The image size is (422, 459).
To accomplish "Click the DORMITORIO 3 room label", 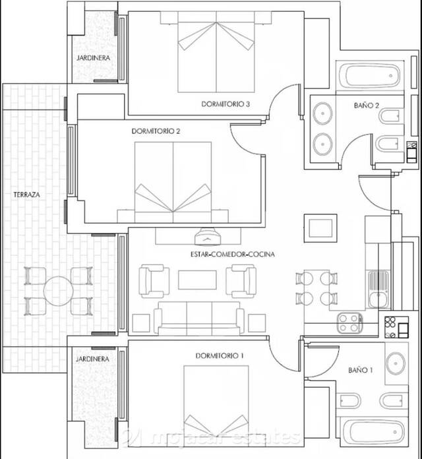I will [226, 104].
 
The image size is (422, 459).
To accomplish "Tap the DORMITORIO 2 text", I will [156, 131].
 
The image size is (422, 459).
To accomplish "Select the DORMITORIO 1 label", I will [220, 355].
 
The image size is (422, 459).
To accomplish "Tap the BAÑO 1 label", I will [360, 371].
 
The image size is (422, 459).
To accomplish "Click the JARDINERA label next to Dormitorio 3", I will [93, 58].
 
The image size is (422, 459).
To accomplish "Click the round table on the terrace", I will [58, 290].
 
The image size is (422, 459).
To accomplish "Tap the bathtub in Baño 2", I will [369, 76].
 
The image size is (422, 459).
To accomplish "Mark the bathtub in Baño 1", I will [369, 432].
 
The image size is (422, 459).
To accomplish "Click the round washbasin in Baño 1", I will [396, 362].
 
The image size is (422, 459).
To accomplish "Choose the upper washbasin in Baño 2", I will [323, 113].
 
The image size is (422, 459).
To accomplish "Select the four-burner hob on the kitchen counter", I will [350, 322].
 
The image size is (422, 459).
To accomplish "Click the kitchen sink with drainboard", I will [378, 290].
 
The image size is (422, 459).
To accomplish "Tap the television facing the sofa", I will [209, 235].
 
